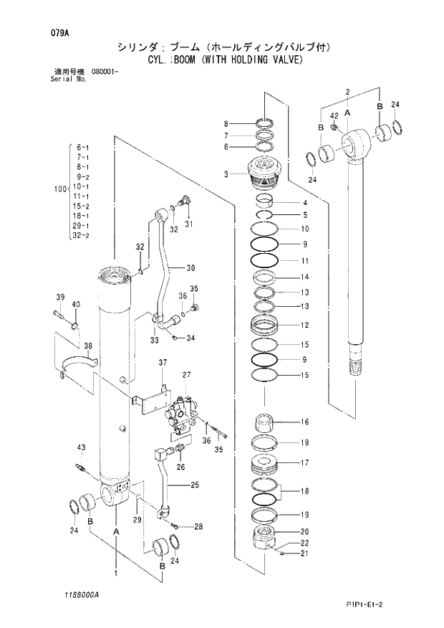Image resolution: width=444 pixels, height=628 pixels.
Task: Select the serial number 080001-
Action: click(105, 72)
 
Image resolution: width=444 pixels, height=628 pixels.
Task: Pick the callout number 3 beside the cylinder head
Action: click(226, 174)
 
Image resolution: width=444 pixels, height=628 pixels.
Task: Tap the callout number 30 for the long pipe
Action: click(190, 268)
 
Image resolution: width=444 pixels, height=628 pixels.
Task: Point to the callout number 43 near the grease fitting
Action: click(82, 448)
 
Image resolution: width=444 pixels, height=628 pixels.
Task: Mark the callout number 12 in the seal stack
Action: click(304, 325)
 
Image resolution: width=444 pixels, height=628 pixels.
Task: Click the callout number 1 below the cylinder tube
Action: click(115, 573)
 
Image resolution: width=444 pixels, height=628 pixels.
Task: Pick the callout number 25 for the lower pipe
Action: click(193, 485)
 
